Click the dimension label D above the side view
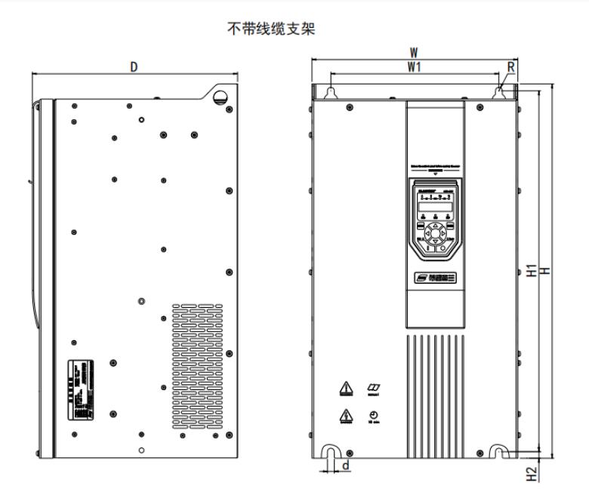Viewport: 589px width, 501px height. pos(134,66)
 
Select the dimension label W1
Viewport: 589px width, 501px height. pos(414,67)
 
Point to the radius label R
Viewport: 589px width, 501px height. pos(511,67)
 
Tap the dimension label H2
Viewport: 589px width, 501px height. pos(531,473)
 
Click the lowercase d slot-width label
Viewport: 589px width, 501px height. pos(346,466)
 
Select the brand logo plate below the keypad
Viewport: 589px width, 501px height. pos(435,278)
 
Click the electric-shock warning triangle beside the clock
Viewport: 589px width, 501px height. pos(346,416)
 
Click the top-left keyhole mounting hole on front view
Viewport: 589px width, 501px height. pos(330,92)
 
